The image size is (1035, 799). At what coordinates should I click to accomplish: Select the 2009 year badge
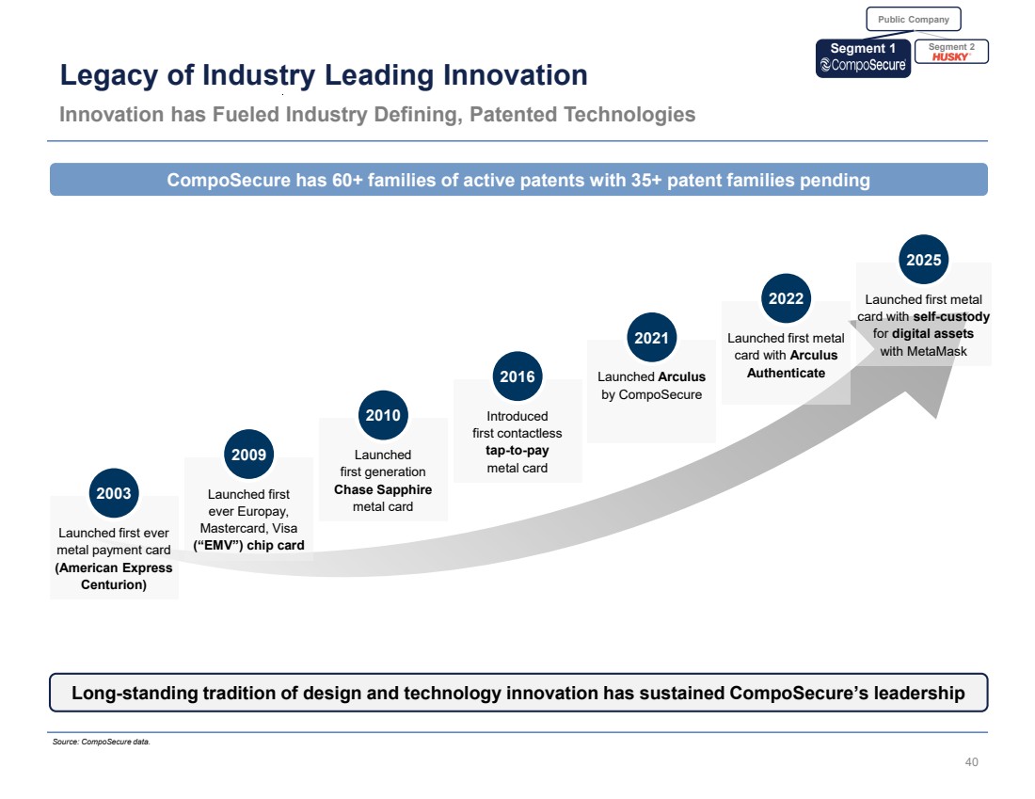point(248,455)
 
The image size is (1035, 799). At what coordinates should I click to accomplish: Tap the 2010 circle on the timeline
point(383,416)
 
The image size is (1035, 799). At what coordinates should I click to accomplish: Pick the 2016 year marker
point(517,377)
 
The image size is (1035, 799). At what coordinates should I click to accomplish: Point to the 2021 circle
point(651,338)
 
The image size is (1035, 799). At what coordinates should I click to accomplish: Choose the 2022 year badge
point(786,299)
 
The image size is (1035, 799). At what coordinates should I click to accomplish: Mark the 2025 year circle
point(923,260)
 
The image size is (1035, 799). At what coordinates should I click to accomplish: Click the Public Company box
point(913,19)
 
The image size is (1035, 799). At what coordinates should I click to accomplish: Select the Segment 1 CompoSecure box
point(863,57)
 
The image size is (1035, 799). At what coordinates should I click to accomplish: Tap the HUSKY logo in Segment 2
point(950,56)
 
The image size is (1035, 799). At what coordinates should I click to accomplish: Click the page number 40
point(972,761)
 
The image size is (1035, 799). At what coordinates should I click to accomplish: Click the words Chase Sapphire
point(383,489)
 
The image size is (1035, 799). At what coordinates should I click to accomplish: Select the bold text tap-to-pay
point(517,451)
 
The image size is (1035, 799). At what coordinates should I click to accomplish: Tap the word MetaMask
point(923,351)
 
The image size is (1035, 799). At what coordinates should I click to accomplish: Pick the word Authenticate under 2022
point(786,373)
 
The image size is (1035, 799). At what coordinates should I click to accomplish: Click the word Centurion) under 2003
point(114,584)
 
